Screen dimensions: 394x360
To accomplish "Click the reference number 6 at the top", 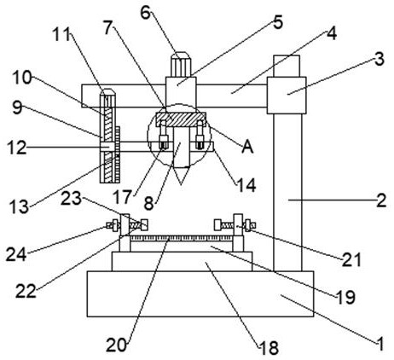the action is pos(145,13).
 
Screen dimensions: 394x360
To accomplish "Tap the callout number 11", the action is pos(61,35).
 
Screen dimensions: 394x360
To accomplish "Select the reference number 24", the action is pos(16,253).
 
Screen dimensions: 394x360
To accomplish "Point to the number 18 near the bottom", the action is pos(269,347).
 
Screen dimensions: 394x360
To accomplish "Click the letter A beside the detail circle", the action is pos(247,147).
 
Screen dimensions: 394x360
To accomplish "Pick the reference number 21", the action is pos(351,259).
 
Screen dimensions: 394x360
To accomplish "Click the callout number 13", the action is pos(20,206).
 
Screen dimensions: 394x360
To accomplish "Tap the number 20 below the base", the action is pos(116,345).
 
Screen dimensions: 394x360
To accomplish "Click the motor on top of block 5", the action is pos(180,64).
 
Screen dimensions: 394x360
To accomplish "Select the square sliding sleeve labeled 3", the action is pos(287,96).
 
